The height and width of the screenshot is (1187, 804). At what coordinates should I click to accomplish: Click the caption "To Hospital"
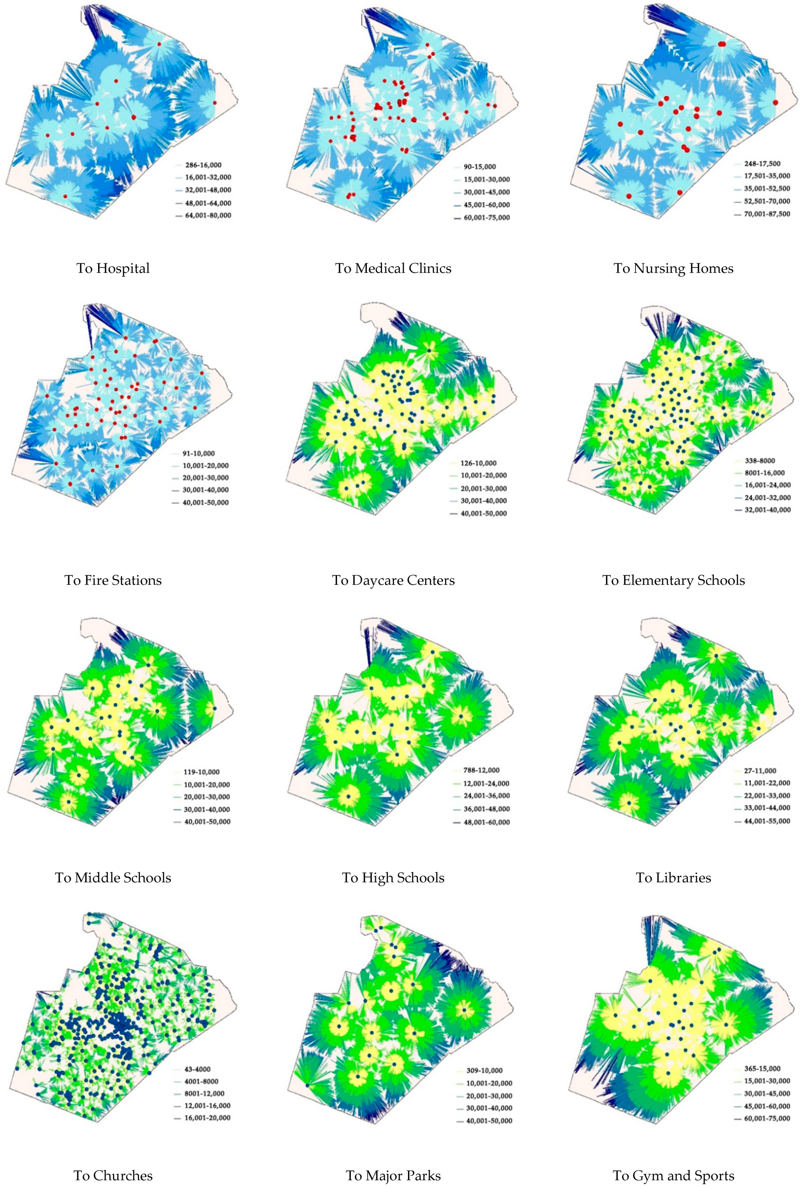click(113, 268)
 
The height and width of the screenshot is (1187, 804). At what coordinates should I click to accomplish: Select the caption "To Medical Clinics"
click(393, 268)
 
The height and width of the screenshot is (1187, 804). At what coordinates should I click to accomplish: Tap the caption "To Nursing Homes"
click(673, 268)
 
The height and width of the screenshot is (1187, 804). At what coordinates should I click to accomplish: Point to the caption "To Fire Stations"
click(113, 580)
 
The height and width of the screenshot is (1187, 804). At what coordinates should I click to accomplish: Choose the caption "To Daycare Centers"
click(393, 580)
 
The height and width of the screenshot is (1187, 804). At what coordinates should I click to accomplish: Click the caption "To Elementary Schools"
click(673, 580)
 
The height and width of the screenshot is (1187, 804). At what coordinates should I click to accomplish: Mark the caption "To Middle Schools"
click(113, 877)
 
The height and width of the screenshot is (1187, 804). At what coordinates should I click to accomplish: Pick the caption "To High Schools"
click(393, 877)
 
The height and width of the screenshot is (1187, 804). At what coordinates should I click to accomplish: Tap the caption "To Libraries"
click(673, 877)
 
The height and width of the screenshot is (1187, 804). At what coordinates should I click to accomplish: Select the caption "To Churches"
click(113, 1175)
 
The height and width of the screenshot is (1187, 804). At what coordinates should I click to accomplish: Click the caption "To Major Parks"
click(393, 1175)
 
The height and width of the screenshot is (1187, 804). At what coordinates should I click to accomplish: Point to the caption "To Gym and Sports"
click(673, 1175)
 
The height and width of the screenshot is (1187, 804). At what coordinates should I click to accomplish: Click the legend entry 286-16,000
click(203, 165)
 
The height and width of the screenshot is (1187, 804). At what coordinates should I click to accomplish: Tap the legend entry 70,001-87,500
click(766, 214)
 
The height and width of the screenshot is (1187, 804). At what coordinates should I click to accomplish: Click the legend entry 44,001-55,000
click(766, 821)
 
